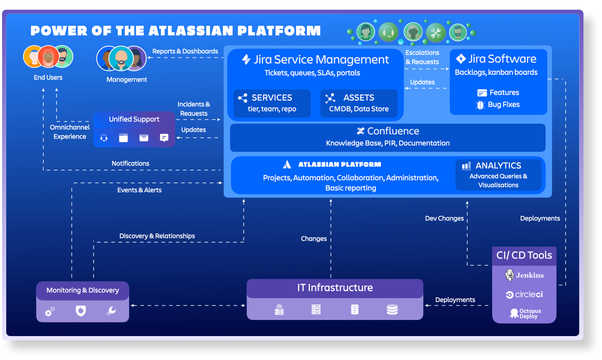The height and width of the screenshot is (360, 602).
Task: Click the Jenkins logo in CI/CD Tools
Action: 524,275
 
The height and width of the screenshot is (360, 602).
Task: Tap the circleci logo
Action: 524,295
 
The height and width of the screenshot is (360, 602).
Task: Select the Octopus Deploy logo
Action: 525,314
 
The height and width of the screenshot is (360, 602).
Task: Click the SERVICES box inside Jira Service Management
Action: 272,103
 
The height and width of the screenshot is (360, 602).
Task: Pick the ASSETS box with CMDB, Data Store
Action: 359,103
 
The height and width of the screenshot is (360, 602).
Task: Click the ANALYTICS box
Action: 498,175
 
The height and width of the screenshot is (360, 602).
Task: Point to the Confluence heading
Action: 388,131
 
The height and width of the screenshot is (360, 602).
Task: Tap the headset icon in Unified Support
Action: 104,138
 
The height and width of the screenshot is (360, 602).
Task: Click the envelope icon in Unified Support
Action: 143,138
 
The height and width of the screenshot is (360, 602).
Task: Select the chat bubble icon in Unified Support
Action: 164,138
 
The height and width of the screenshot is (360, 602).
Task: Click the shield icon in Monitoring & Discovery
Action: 81,311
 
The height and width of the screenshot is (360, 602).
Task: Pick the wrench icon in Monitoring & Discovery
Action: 111,311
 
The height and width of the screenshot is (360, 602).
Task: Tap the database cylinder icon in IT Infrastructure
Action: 392,309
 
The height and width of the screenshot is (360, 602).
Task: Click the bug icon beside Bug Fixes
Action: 480,105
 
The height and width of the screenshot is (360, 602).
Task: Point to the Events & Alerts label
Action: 139,190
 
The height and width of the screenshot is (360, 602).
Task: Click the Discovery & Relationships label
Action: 157,236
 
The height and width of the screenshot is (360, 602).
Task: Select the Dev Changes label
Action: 444,218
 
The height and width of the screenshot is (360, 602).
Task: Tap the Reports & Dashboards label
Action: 185,51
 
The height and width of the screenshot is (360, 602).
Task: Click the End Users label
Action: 48,78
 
